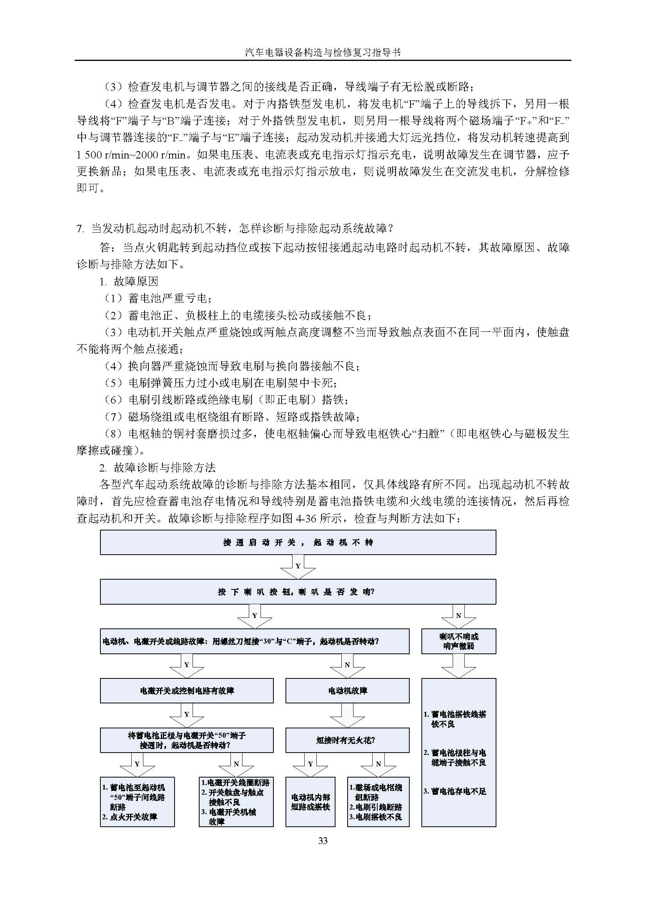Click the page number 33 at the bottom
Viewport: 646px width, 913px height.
coord(323,840)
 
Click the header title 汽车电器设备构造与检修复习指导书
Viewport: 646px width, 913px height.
coord(323,52)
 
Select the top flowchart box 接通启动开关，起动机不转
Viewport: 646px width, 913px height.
coord(298,543)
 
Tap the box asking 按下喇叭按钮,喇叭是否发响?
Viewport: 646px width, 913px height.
coord(298,592)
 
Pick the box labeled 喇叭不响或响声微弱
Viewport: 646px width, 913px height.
coord(459,641)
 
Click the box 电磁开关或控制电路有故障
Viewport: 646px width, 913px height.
coord(187,691)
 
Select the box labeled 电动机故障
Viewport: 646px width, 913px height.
coord(347,691)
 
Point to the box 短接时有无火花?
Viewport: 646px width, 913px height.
coord(347,740)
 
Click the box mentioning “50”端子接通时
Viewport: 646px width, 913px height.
coord(187,740)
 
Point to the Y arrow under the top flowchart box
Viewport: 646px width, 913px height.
coord(298,566)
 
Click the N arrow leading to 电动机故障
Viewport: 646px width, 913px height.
coord(347,665)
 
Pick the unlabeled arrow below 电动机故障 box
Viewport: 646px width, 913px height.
coord(347,715)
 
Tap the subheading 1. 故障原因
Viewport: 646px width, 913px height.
coord(129,281)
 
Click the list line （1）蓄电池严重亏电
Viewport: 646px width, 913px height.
coord(158,298)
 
